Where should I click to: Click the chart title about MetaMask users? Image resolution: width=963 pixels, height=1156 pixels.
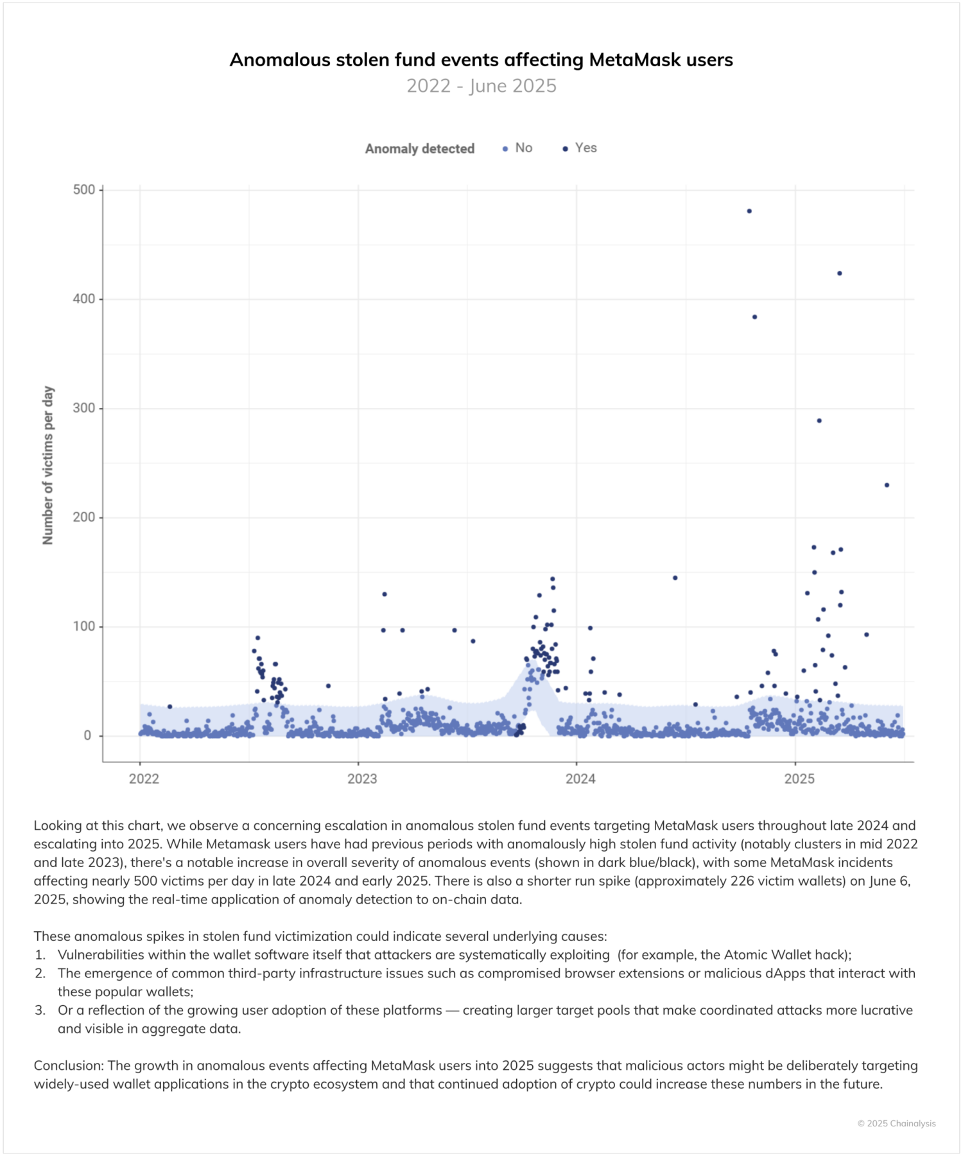point(481,60)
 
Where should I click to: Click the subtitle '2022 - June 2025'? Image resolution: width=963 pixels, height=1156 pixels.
point(481,86)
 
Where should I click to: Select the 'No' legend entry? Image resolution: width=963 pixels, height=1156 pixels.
point(523,148)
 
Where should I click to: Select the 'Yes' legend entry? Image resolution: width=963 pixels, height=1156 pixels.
point(586,148)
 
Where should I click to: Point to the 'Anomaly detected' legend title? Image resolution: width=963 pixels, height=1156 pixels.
point(420,148)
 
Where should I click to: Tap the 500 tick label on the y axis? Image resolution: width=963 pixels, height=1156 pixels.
point(83,189)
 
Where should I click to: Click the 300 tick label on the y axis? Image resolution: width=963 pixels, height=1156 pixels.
point(83,408)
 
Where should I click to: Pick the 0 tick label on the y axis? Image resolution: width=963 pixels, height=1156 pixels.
point(87,736)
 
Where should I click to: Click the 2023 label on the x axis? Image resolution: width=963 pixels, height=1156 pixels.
point(362,779)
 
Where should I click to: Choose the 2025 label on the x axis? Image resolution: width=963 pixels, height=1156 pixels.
point(799,779)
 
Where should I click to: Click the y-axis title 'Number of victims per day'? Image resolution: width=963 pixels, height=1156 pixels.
point(48,466)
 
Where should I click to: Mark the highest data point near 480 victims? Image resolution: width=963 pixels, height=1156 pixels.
point(749,211)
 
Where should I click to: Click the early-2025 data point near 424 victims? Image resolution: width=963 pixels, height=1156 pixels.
point(840,274)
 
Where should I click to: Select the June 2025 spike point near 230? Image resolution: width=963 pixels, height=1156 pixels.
point(887,486)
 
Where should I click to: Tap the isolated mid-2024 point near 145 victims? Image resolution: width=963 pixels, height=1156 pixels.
point(675,578)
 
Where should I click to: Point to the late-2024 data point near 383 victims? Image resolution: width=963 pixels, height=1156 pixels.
point(755,317)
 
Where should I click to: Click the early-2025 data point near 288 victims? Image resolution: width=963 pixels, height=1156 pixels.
point(819,421)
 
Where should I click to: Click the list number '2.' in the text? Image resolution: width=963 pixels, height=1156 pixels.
point(40,973)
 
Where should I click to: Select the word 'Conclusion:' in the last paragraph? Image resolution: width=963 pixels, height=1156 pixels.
point(69,1065)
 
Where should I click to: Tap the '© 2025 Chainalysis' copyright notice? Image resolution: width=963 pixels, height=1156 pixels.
point(896,1123)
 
